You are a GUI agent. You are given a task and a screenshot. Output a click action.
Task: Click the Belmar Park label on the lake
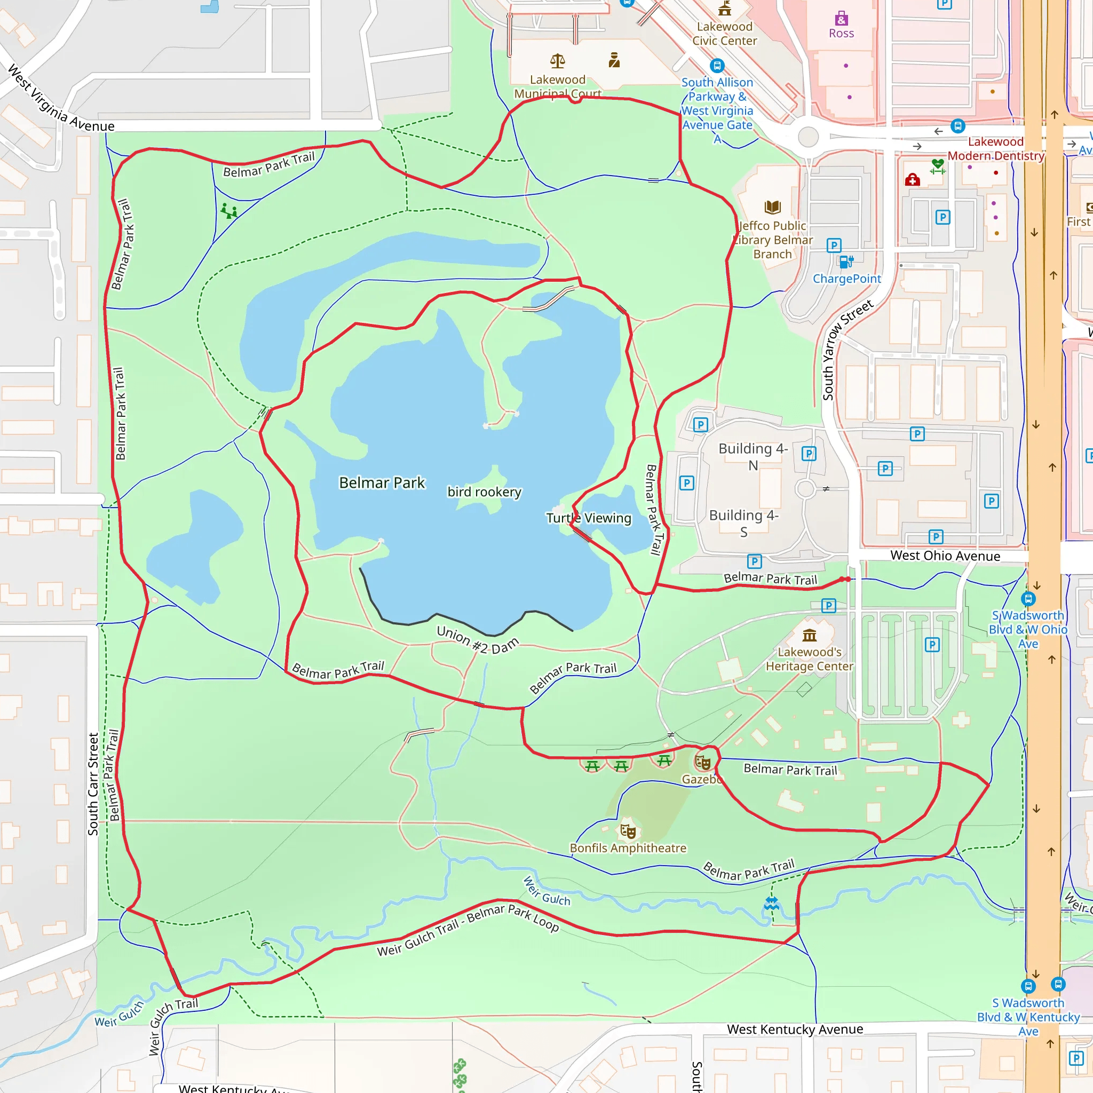click(x=382, y=482)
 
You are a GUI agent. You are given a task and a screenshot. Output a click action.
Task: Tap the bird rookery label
click(x=484, y=492)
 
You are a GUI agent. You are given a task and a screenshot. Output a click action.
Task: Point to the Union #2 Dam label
click(x=478, y=640)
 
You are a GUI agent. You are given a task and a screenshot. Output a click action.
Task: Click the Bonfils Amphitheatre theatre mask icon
click(x=628, y=830)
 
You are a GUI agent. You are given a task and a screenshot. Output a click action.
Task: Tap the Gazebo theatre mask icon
click(x=703, y=762)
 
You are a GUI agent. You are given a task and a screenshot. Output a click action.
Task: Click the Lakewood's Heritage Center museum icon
click(x=810, y=635)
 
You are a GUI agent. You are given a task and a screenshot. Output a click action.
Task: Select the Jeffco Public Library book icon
click(x=773, y=207)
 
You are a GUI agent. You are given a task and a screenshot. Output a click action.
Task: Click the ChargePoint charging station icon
click(x=846, y=262)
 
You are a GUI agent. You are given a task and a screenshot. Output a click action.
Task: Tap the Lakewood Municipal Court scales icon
click(x=558, y=60)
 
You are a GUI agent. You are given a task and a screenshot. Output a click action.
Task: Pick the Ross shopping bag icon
click(x=841, y=18)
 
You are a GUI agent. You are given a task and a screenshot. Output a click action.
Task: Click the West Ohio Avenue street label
click(x=945, y=556)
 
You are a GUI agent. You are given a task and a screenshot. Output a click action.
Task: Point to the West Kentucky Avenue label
click(x=795, y=1029)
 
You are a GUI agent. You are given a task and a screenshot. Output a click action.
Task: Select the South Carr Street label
click(x=93, y=784)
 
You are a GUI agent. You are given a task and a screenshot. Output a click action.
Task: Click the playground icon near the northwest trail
click(x=229, y=211)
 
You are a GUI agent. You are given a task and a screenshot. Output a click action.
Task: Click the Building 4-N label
click(x=753, y=456)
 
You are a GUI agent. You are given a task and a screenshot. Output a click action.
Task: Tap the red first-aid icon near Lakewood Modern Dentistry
click(x=912, y=180)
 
